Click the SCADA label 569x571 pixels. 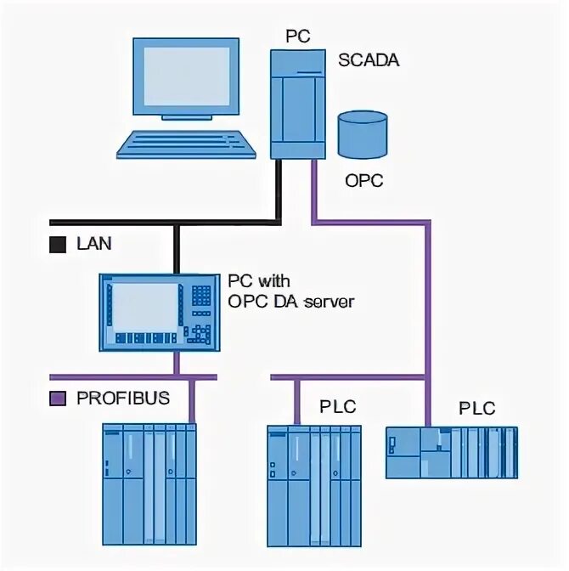coord(369,60)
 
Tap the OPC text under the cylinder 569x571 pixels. coord(363,180)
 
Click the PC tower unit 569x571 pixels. coord(298,104)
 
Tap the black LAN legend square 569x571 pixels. coord(58,245)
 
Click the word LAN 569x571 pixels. coord(93,244)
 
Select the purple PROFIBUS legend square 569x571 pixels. coord(58,398)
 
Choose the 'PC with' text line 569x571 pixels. coord(258,280)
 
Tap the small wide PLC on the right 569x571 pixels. coord(451,451)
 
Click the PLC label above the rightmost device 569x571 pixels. coord(476,408)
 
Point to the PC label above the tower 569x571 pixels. coord(298,37)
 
